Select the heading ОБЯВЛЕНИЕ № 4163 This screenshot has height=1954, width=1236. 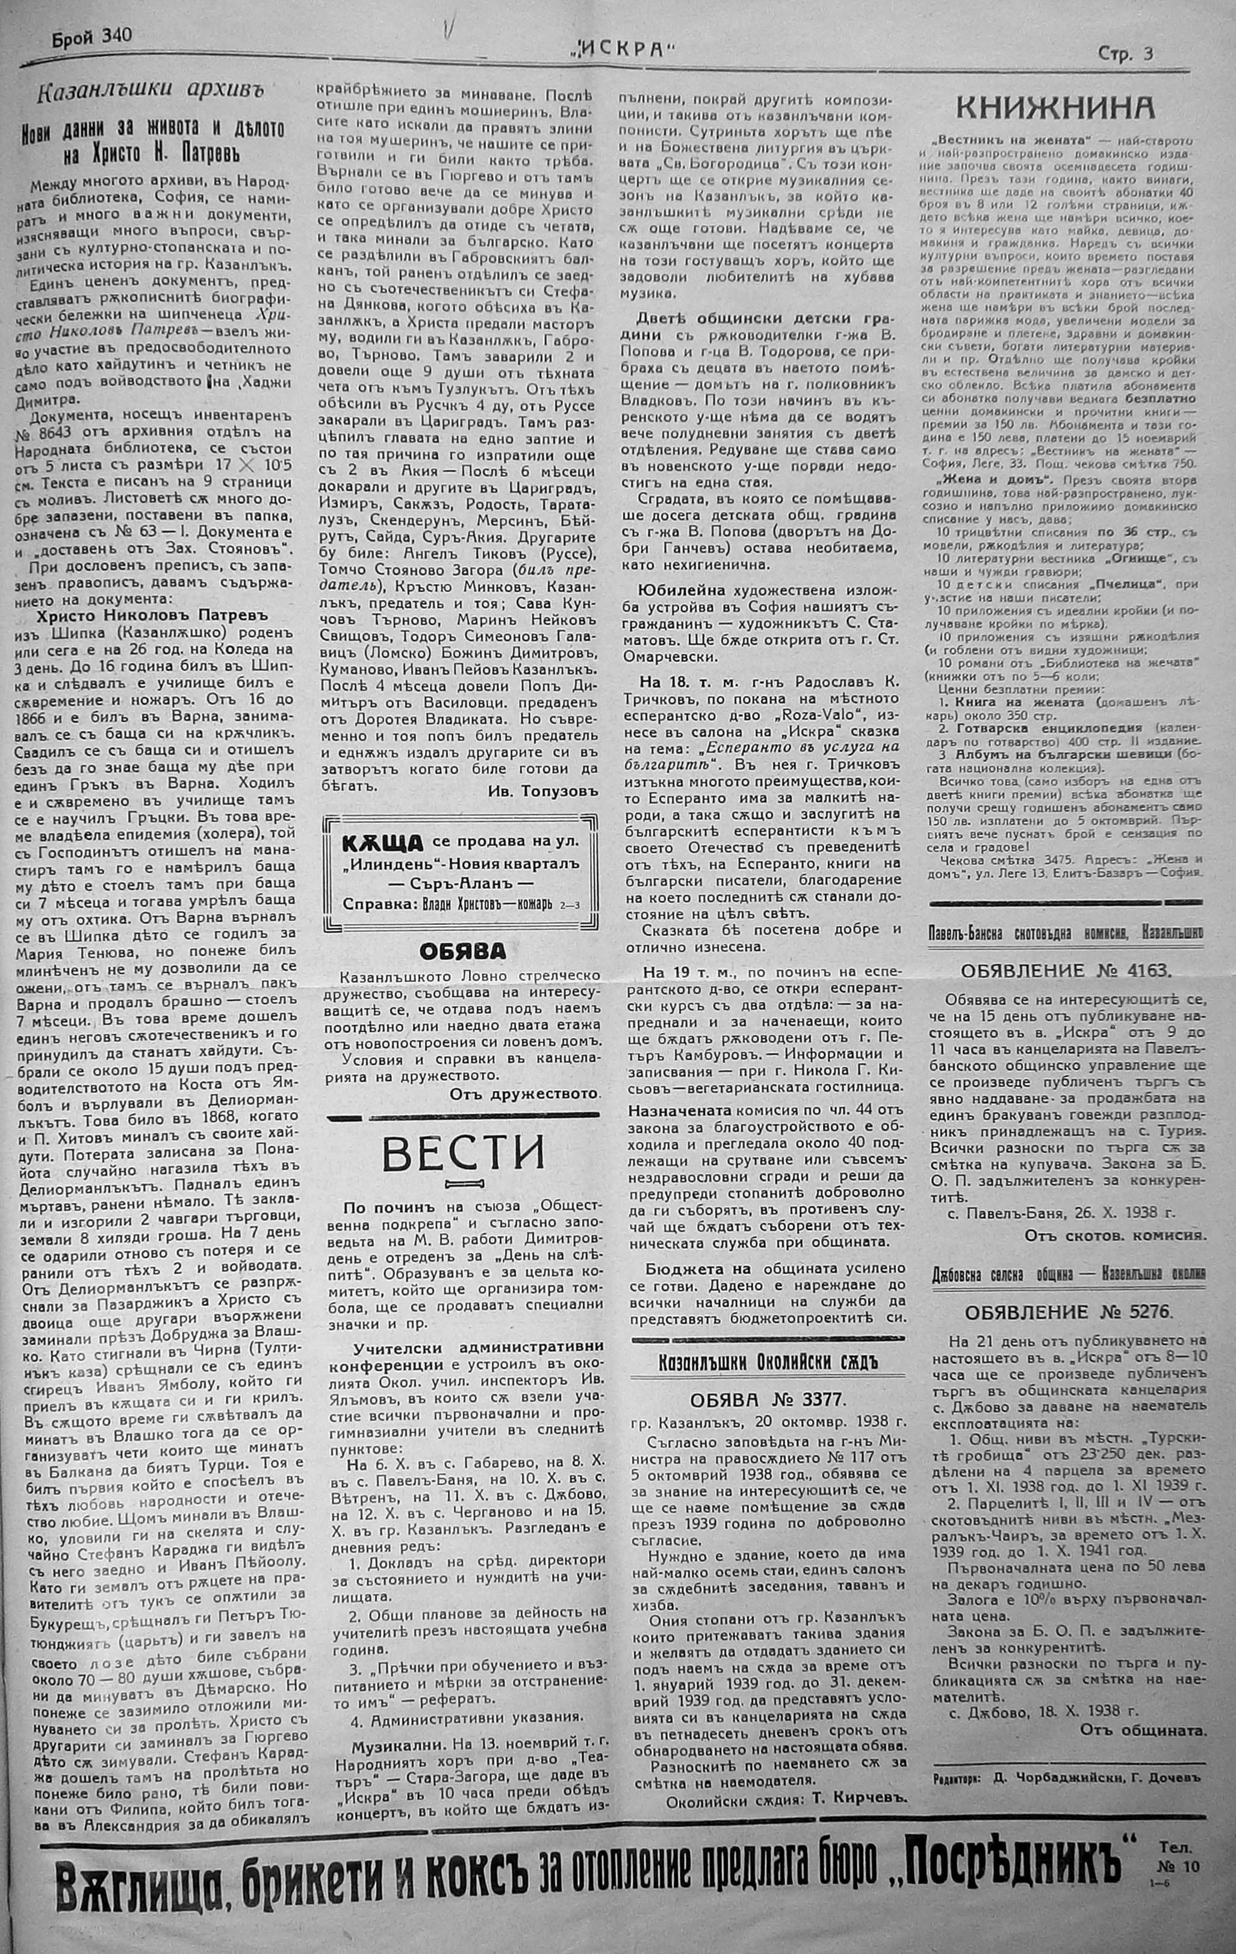tap(1066, 971)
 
